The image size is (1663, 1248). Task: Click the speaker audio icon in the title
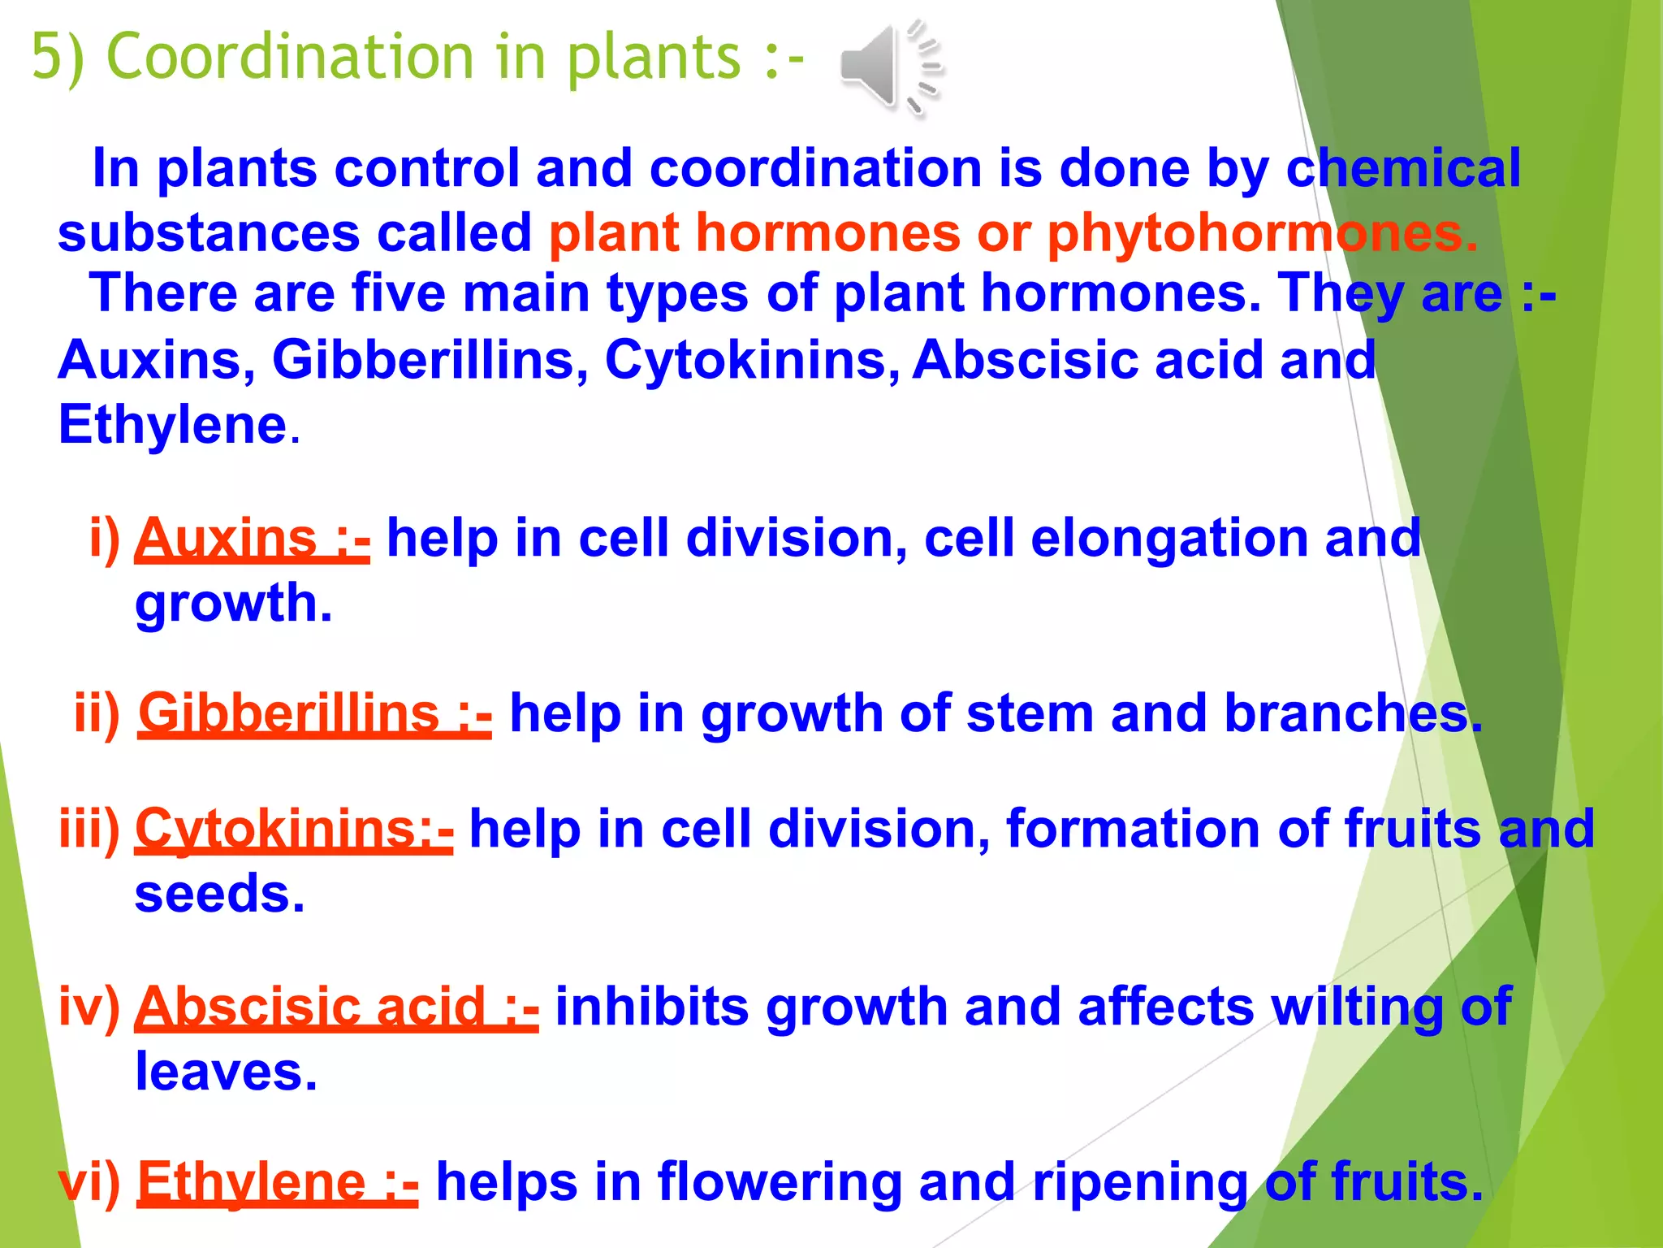pos(889,67)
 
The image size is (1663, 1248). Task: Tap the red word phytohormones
pos(1262,234)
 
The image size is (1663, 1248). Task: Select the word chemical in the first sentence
pos(1402,169)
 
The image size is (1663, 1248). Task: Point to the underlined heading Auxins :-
pos(253,539)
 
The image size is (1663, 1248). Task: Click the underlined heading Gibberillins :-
pos(315,714)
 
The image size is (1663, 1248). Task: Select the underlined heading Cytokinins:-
pos(294,830)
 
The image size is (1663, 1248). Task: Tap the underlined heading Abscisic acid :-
pos(336,1007)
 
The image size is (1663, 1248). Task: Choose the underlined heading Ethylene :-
pos(278,1182)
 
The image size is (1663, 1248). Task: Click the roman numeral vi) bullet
pos(89,1182)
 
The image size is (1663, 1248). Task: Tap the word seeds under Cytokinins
pos(219,894)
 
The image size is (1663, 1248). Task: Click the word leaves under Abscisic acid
pos(226,1072)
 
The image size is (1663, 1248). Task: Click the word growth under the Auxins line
pos(233,604)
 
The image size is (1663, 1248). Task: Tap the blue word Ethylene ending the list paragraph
pos(173,425)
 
